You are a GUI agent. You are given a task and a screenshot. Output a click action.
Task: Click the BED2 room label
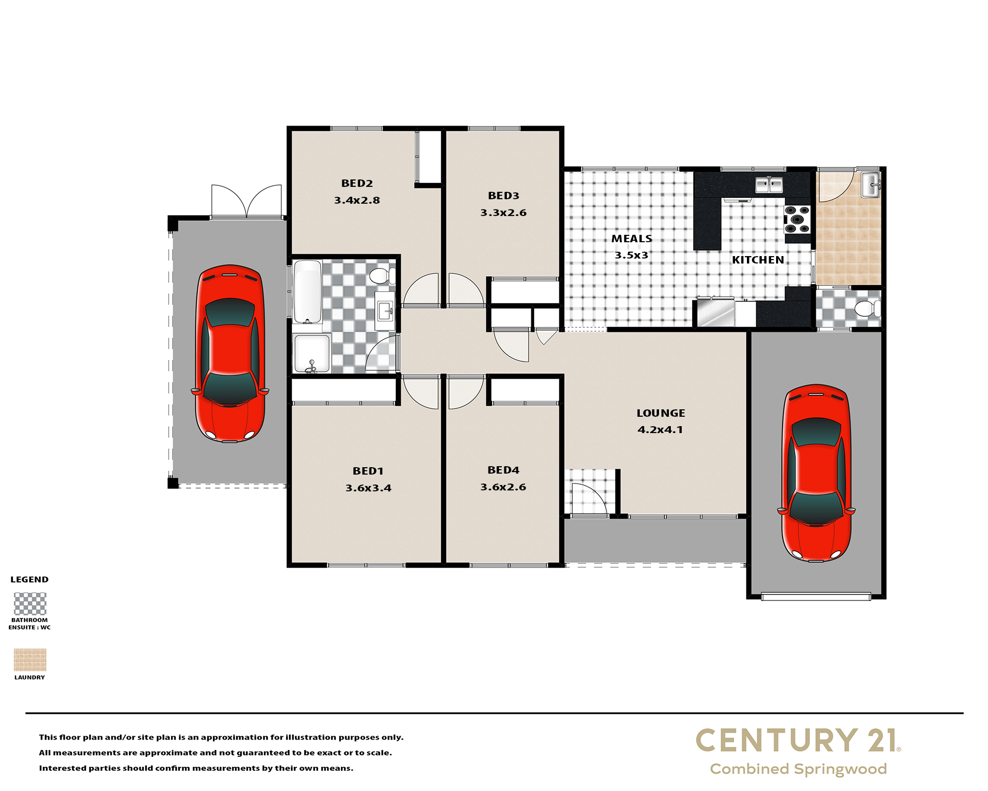(357, 183)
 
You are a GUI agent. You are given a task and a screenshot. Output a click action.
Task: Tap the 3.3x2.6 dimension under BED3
(503, 213)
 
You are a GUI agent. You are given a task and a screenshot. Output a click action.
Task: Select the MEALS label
(632, 239)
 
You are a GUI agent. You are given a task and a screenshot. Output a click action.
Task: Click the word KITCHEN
(758, 260)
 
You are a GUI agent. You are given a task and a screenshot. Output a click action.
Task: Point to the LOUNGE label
(660, 413)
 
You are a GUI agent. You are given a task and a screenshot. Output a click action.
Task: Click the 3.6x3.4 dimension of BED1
(368, 488)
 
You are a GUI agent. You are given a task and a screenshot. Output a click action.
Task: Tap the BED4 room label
(503, 470)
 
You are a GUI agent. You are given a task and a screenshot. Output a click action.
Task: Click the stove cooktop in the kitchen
(797, 220)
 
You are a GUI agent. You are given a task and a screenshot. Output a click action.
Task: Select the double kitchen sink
(769, 185)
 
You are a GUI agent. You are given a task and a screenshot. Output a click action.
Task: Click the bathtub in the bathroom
(307, 292)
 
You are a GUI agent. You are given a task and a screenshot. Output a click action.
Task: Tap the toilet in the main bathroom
(382, 276)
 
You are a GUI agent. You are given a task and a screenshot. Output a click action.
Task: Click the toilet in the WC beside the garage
(867, 308)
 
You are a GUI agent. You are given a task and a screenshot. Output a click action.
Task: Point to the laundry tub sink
(870, 185)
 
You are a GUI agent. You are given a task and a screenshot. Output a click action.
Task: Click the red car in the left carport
(230, 353)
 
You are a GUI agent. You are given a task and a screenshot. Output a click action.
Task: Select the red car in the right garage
(816, 473)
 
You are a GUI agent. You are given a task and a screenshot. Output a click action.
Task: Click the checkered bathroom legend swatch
(30, 604)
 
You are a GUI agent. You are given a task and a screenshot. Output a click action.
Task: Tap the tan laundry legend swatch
(30, 660)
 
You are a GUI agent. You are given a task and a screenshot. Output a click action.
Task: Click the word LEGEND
(30, 579)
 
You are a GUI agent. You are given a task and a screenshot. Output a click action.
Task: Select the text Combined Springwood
(798, 769)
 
